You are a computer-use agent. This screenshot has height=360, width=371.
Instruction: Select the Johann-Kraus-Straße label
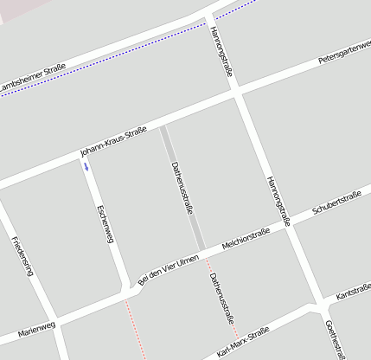[x=113, y=141]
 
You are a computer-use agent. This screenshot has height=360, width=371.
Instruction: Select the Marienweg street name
[x=36, y=330]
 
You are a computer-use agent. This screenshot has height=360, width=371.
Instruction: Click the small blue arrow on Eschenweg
[x=86, y=167]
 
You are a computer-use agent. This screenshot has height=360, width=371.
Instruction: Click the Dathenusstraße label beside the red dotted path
[x=221, y=297]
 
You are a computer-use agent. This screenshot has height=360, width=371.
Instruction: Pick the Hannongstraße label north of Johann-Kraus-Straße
[x=221, y=52]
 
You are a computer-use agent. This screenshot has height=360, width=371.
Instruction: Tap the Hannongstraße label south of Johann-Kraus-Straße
[x=276, y=195]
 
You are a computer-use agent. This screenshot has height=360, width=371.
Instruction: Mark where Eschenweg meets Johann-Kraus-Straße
[x=84, y=157]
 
